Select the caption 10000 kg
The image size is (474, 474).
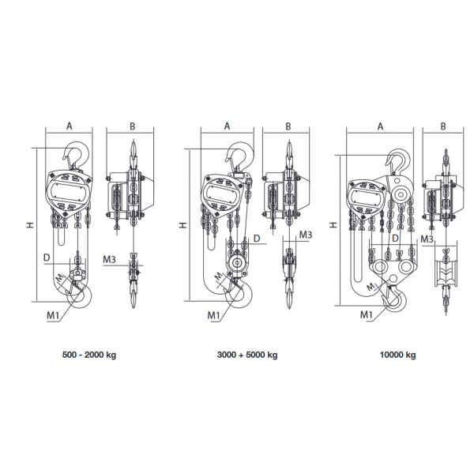[397, 355]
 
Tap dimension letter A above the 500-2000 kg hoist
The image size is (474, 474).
[70, 126]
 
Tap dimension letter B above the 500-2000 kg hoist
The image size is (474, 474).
[133, 126]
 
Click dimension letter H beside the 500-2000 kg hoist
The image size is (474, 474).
[30, 225]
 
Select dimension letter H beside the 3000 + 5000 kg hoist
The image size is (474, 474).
[183, 225]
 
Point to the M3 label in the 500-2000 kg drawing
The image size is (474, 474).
[110, 258]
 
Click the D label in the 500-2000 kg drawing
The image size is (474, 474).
[47, 257]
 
